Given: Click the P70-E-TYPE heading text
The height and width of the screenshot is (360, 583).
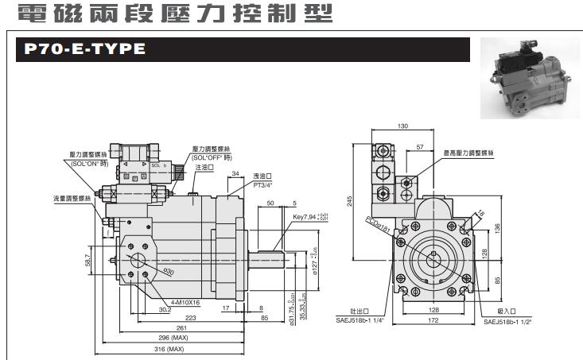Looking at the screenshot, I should (84, 50).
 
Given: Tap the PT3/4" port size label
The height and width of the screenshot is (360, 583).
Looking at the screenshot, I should (263, 184).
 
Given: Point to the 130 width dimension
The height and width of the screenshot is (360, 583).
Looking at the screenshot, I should (402, 126).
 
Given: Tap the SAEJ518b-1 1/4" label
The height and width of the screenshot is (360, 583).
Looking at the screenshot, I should (359, 321).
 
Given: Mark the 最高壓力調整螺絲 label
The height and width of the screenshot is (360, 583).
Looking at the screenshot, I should (469, 151).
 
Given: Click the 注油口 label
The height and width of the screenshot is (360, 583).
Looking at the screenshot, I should (203, 168).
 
